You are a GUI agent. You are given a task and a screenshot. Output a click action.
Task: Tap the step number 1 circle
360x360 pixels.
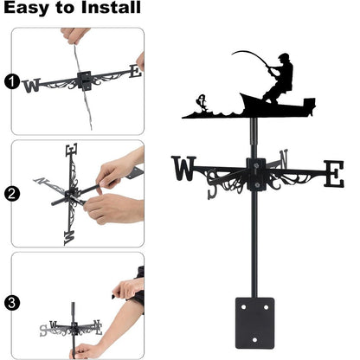point(11,83)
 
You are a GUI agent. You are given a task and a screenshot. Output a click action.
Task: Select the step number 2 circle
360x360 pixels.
point(11,194)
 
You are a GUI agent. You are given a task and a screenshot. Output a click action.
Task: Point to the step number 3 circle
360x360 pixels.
point(11,303)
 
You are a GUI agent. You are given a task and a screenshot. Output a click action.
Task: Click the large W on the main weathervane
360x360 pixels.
point(183,168)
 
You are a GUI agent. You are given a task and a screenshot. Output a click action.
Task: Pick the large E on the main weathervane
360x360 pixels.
point(333,172)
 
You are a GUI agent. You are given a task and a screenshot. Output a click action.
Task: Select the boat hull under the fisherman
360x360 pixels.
point(277,105)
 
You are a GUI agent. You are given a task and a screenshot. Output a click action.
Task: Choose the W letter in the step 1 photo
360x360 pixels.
point(32,85)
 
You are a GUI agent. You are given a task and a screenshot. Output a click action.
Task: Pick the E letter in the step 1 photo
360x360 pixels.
point(133,72)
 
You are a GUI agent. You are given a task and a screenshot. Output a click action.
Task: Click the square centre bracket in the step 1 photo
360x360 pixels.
point(85,80)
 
